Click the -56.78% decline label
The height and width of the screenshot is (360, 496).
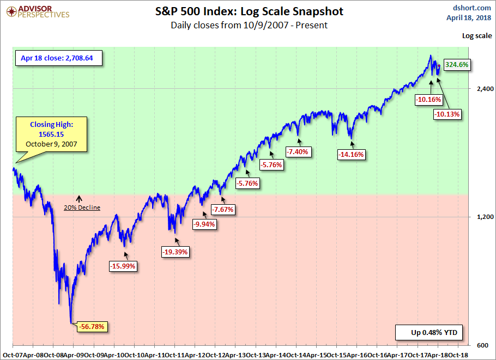pos(93,327)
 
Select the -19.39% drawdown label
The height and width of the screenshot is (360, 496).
pos(175,252)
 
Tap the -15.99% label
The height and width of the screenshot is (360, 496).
pos(123,266)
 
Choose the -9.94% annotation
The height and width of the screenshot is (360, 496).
pos(205,224)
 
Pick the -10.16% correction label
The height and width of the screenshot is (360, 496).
pos(428,100)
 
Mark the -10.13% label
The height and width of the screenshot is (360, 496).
pos(447,114)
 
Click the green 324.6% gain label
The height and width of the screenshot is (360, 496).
pos(457,64)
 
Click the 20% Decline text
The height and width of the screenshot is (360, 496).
pos(82,208)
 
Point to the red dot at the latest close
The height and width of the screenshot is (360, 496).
pos(439,65)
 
